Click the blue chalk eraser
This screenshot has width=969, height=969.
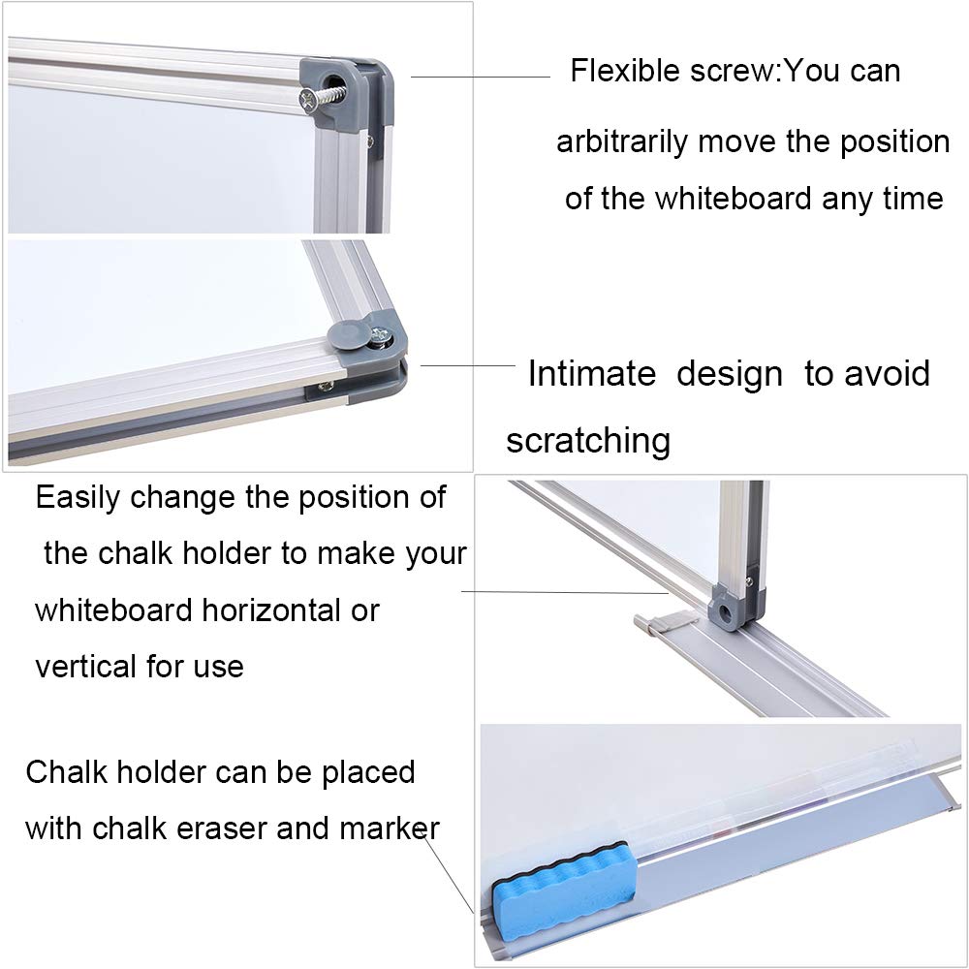tap(561, 876)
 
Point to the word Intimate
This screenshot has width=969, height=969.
tap(591, 373)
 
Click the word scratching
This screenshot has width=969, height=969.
tap(588, 440)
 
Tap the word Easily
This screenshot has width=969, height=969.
tap(78, 497)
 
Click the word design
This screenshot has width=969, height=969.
tap(729, 373)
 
